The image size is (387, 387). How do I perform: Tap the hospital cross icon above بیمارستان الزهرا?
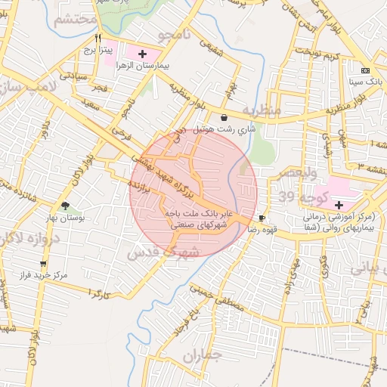[x=142, y=54]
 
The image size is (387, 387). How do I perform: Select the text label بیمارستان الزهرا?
[x=142, y=66]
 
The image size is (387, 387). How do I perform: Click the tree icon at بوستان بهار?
[x=65, y=206]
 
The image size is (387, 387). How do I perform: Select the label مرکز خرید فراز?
[x=43, y=275]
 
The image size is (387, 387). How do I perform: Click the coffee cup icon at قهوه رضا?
[x=262, y=218]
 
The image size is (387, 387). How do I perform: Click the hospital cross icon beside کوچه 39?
[x=338, y=205]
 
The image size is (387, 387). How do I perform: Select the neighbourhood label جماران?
[x=203, y=355]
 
